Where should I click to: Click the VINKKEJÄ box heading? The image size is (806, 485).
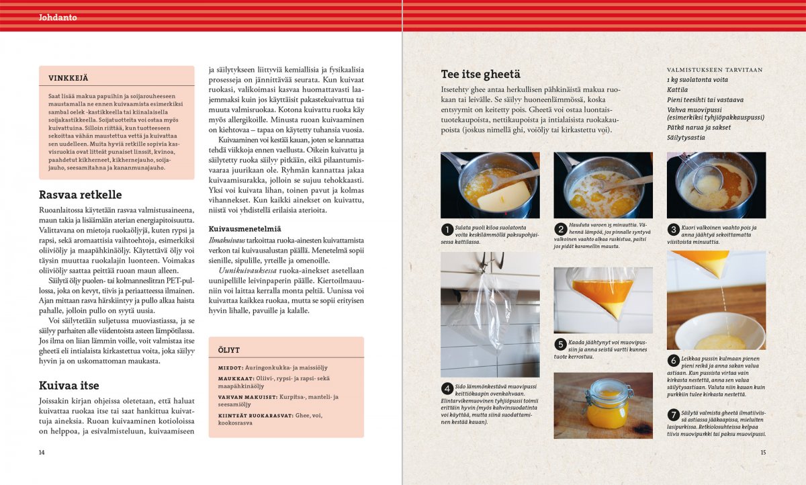[68, 78]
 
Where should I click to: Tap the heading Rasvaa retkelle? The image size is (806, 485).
[80, 195]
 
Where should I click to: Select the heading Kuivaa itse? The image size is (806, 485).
[69, 386]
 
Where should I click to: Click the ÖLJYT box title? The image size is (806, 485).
[228, 350]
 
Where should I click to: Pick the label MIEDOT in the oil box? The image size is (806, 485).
[230, 368]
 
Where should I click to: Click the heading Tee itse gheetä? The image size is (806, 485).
[480, 75]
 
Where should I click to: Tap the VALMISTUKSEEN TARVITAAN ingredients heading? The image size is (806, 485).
[714, 70]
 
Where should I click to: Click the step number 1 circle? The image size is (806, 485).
[447, 229]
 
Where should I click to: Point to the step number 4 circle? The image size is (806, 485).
[447, 388]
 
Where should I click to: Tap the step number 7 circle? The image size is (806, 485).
[673, 414]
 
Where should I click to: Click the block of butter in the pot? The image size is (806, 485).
[504, 194]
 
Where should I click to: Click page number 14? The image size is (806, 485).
[42, 453]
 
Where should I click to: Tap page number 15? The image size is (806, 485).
[762, 453]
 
